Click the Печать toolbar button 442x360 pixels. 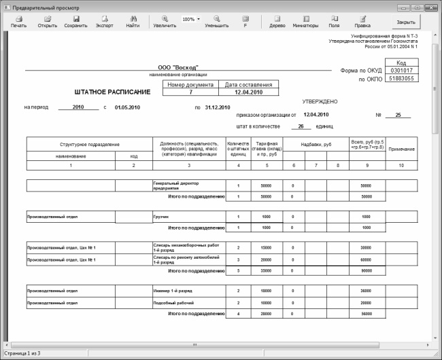coord(18,21)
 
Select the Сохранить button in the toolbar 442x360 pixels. coord(75,21)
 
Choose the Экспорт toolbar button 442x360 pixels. coord(104,21)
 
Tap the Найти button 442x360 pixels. coord(133,21)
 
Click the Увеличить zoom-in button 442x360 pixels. coord(165,21)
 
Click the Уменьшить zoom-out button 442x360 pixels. coord(216,21)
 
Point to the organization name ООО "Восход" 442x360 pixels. coord(178,68)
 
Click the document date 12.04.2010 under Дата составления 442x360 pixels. coord(249,92)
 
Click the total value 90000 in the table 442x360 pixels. coord(366,270)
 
